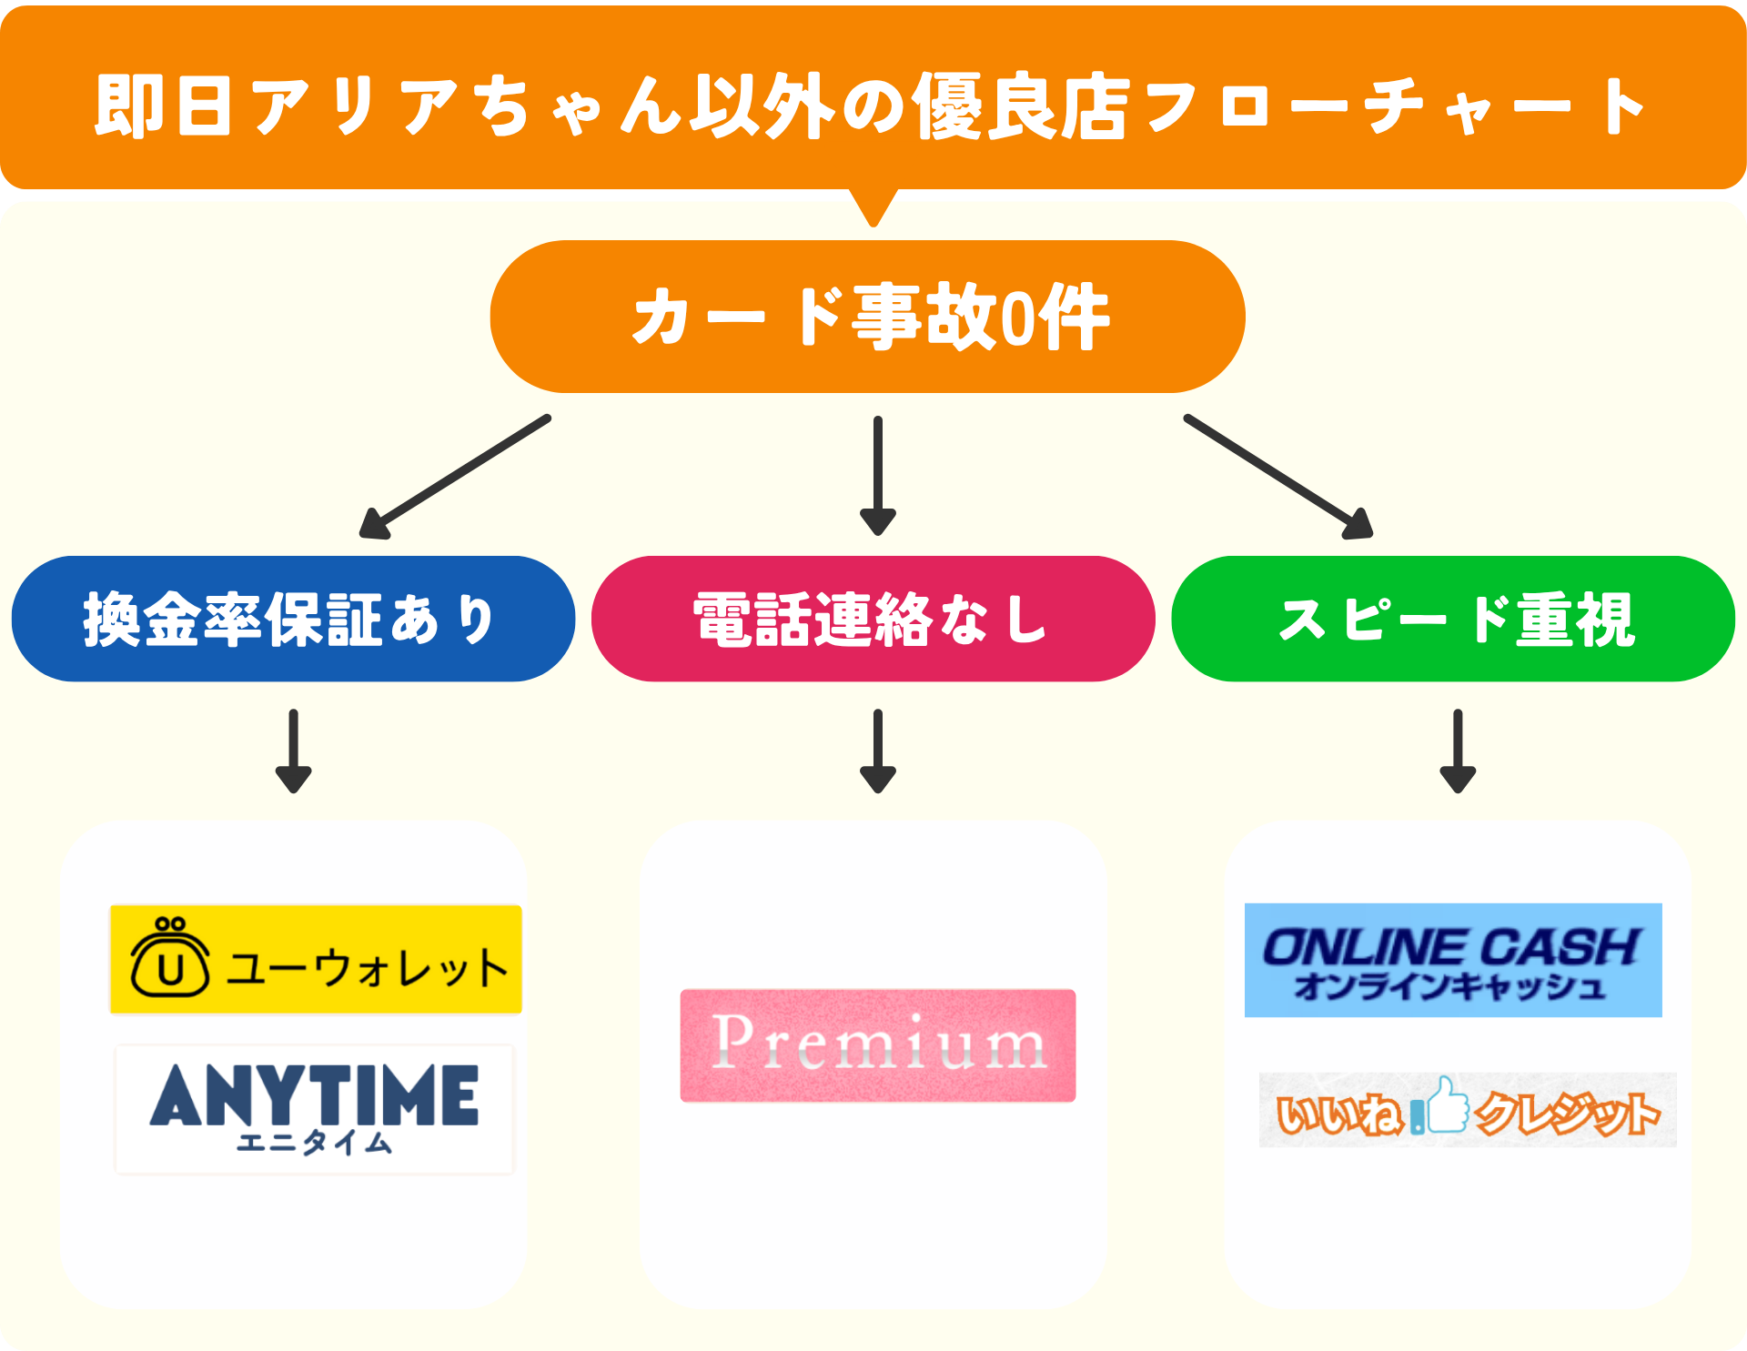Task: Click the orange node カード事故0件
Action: tap(867, 317)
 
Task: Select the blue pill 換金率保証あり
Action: tap(293, 619)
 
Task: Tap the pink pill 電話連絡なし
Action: tap(873, 619)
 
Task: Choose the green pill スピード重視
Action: tap(1453, 619)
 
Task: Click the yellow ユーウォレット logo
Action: tap(316, 959)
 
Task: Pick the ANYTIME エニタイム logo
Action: tap(315, 1109)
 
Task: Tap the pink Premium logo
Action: tap(878, 1045)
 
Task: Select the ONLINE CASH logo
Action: tap(1453, 960)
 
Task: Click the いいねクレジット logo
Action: tap(1467, 1110)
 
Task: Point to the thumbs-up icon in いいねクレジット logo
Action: tap(1447, 1105)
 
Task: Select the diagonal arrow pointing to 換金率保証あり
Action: tap(454, 477)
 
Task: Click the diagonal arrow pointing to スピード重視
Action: tap(1277, 477)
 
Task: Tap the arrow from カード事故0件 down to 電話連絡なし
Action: tap(878, 476)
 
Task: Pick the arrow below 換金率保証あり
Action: tap(293, 751)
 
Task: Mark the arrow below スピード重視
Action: tap(1458, 751)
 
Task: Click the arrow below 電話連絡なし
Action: tap(878, 751)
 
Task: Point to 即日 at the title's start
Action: tap(163, 106)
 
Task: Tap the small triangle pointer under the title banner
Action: tap(873, 207)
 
